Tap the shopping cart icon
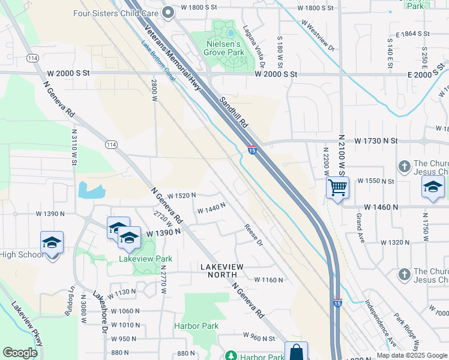coord(337,188)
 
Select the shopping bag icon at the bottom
coord(296,352)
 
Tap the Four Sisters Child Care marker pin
coord(169,13)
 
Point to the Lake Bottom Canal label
coord(157,62)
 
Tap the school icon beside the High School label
coord(52,243)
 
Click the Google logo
coord(20,353)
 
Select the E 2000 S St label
coord(427,74)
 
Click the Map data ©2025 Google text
coord(411,355)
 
